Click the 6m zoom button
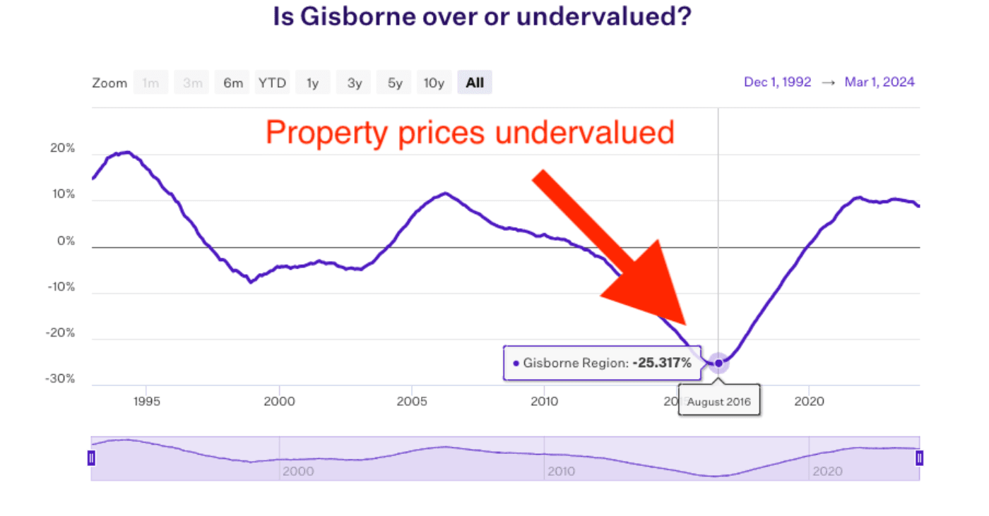click(x=233, y=83)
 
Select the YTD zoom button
click(x=272, y=83)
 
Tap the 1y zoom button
click(x=312, y=83)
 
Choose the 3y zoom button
click(x=354, y=83)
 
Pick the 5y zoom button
click(x=394, y=83)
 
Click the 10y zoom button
click(x=434, y=83)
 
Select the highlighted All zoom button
click(x=475, y=83)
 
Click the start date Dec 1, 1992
click(x=777, y=82)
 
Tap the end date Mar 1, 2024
click(x=880, y=82)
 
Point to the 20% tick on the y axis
click(x=61, y=149)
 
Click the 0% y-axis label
click(x=66, y=241)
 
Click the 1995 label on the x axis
click(x=147, y=402)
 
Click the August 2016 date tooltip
click(x=719, y=402)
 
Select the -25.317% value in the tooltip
click(x=661, y=363)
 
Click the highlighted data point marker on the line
click(x=719, y=363)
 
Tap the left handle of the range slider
click(x=91, y=458)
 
